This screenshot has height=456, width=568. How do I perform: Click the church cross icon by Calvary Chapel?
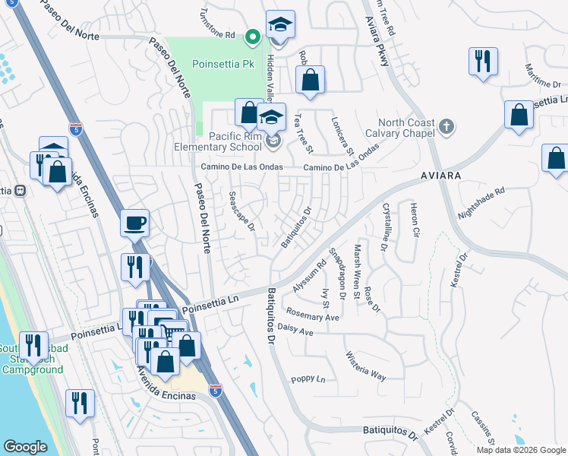[448, 127]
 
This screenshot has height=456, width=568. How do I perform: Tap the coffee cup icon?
[135, 223]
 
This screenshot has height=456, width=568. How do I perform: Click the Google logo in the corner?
[24, 446]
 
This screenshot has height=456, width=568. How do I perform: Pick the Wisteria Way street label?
[366, 366]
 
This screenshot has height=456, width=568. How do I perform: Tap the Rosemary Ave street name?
[313, 314]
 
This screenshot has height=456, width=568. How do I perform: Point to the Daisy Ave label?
[296, 332]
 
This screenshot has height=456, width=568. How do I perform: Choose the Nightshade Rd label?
[481, 204]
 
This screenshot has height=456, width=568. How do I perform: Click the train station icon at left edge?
[21, 191]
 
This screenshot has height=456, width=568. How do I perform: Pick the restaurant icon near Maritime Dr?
[482, 62]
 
